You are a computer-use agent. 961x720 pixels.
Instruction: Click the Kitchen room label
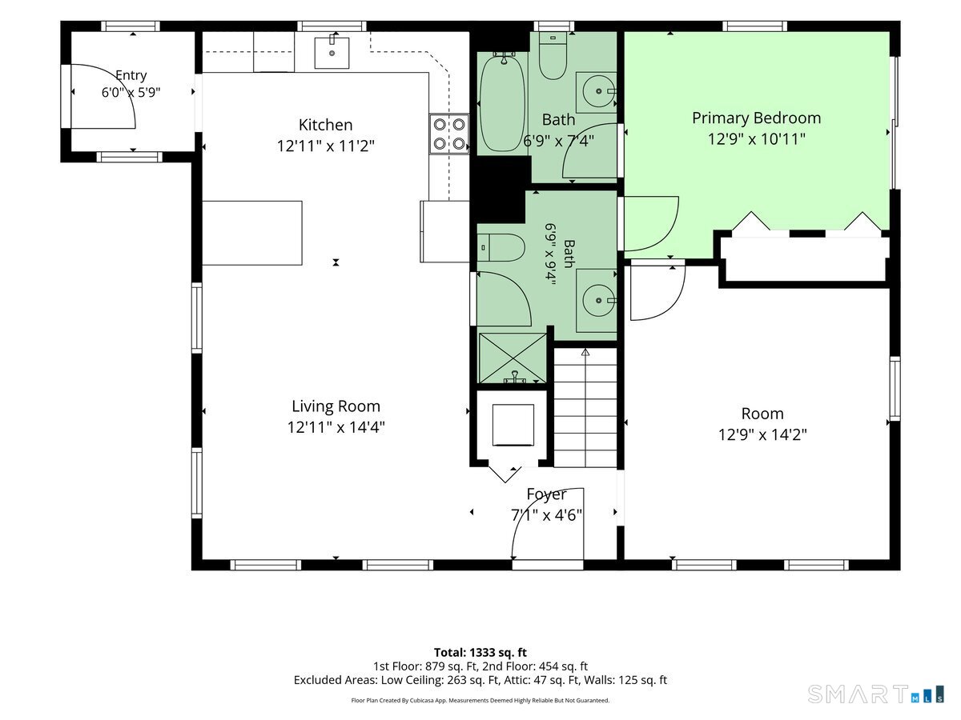325,125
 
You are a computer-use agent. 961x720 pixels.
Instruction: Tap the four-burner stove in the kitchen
448,134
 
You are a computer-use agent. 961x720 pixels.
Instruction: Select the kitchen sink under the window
332,53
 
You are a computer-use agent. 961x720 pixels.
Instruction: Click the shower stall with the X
513,358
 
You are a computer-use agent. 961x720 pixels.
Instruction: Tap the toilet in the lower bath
501,247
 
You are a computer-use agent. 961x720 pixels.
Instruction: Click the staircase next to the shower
585,407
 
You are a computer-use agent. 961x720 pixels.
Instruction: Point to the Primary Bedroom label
756,118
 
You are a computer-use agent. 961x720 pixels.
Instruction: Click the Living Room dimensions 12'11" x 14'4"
336,427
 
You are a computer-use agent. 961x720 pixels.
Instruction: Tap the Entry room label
131,76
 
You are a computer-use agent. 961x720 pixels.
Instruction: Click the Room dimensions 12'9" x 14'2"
762,435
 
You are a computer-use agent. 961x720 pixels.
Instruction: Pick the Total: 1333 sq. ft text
480,653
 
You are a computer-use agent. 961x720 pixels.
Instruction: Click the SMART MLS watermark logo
875,694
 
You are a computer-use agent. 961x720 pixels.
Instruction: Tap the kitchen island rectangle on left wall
252,233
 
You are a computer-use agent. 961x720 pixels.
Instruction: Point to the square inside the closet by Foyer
513,425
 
